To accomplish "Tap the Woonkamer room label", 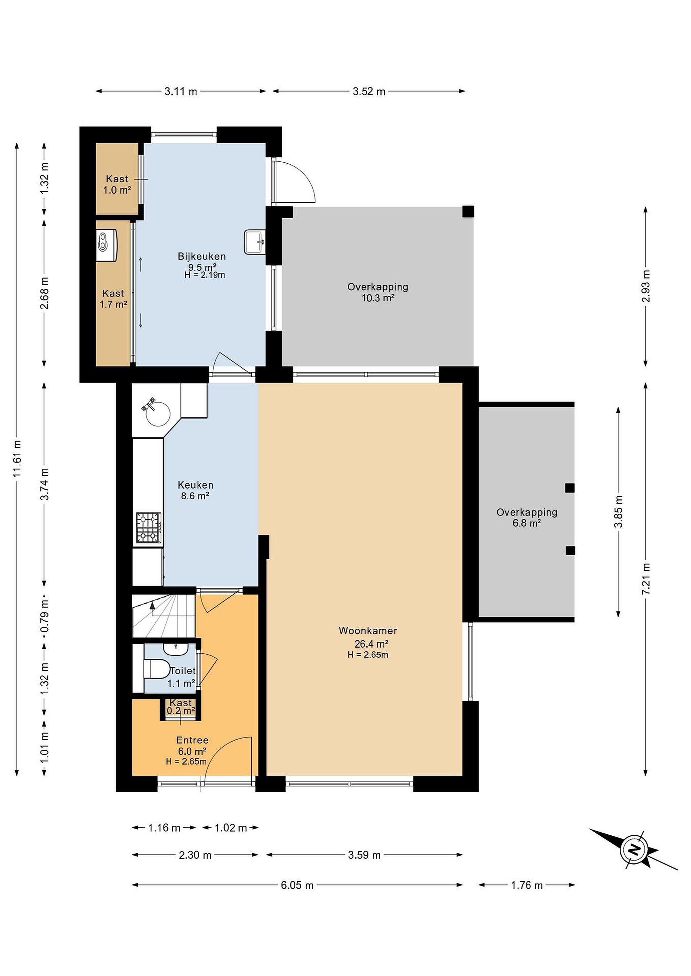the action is coord(368,630).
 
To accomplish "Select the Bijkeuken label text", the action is coord(202,256).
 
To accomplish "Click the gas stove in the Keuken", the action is coord(149,528).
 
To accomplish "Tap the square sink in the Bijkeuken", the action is coord(255,242).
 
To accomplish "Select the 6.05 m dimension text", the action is coord(297,885).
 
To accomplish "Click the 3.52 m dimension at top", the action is coord(369,91).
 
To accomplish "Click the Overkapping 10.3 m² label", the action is coord(378,292).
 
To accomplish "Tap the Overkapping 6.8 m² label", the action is coord(527,517).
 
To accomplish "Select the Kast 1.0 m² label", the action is coord(117,184).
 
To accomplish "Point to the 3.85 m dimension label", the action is coord(618,511).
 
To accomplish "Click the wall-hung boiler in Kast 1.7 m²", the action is coord(107,245).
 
